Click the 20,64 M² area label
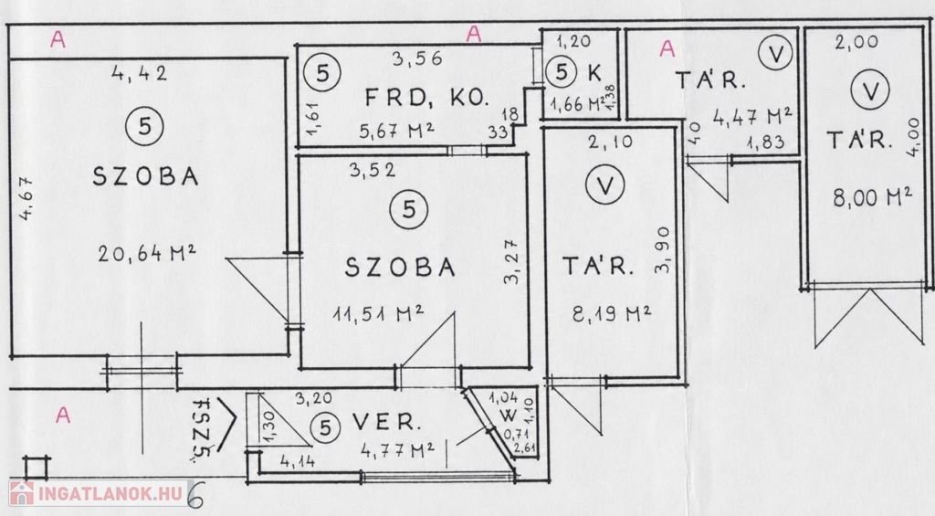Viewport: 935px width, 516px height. coord(147,254)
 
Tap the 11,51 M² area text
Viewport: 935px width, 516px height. coord(378,313)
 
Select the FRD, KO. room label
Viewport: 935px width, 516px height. coord(427,97)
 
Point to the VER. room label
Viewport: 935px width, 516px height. coord(386,422)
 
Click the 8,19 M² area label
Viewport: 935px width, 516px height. coord(611,313)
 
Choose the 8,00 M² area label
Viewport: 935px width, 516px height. coord(872,197)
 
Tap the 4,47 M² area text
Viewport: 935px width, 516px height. coord(752,117)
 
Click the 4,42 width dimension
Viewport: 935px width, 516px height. coord(140,73)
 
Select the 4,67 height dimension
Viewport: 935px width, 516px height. coord(26,198)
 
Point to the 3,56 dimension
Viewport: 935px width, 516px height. coord(417,58)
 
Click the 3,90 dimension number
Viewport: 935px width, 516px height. coord(662,249)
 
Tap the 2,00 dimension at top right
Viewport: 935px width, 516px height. coord(856,42)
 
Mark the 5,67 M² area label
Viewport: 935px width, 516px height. coord(396,131)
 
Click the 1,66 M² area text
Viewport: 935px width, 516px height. coord(577,105)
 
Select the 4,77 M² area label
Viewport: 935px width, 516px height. coord(397,449)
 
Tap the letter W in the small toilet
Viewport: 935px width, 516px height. coord(508,416)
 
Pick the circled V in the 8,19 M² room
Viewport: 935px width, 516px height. coord(604,185)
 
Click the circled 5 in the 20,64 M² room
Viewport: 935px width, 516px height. coord(145,126)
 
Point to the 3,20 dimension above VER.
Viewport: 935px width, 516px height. coord(314,398)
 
